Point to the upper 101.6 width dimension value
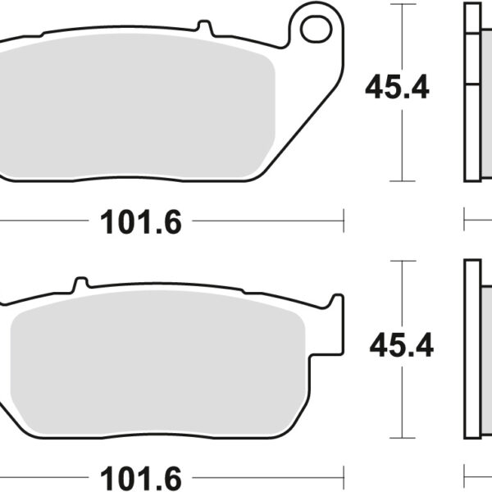click(x=140, y=221)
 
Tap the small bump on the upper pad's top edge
click(x=207, y=30)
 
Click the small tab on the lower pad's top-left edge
click(x=80, y=284)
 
